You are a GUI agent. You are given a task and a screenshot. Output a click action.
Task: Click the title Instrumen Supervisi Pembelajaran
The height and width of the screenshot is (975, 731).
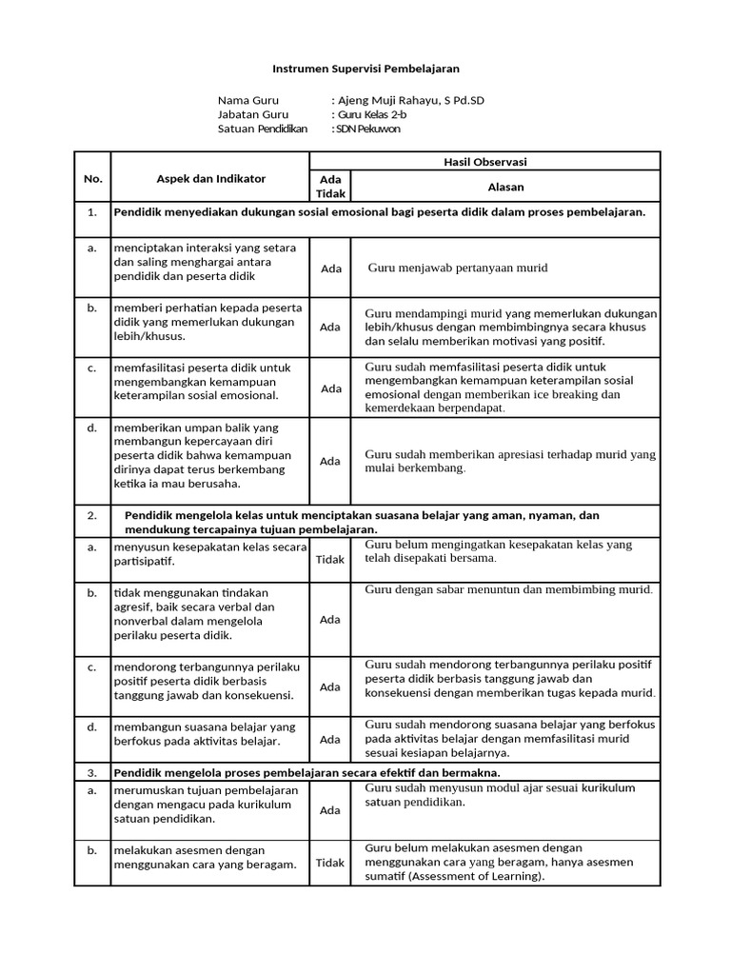click(365, 70)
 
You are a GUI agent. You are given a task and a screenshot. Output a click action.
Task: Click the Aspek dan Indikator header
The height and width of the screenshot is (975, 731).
click(210, 178)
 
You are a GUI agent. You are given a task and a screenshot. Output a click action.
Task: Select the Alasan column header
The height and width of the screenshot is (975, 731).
click(505, 187)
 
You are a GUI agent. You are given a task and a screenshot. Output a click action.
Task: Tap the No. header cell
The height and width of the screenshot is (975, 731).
click(92, 178)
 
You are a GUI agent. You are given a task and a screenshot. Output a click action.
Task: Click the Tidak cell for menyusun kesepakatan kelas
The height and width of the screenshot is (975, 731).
click(329, 560)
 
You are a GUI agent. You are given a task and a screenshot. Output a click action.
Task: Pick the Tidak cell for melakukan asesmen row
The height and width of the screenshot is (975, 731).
click(329, 863)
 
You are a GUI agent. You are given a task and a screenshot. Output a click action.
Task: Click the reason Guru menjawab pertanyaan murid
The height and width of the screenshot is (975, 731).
click(458, 268)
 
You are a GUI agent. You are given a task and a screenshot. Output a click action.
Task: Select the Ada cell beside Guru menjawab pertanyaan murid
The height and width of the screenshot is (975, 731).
click(330, 269)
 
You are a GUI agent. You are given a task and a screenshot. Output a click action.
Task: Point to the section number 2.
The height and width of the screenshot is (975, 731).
click(92, 515)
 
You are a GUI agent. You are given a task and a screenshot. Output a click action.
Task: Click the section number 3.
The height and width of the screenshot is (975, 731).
click(92, 772)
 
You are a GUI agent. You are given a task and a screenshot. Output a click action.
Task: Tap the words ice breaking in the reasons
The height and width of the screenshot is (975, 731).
click(576, 394)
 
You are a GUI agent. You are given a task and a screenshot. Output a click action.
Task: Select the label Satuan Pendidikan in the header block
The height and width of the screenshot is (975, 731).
click(263, 129)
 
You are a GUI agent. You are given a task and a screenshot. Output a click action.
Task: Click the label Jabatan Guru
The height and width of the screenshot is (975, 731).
click(252, 114)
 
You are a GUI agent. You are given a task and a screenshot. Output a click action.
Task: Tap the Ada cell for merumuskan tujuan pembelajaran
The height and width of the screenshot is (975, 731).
click(330, 810)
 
